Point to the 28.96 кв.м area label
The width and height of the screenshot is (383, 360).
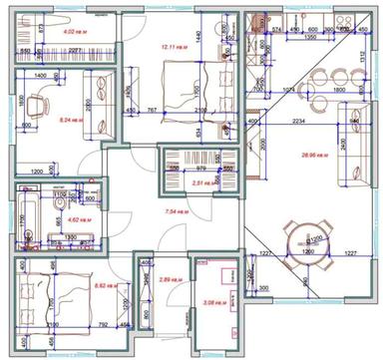click(x=314, y=156)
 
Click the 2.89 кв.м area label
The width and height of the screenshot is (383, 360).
click(x=169, y=280)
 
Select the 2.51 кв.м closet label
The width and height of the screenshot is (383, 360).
click(x=199, y=183)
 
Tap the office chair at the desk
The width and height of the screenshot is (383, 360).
click(x=39, y=104)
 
